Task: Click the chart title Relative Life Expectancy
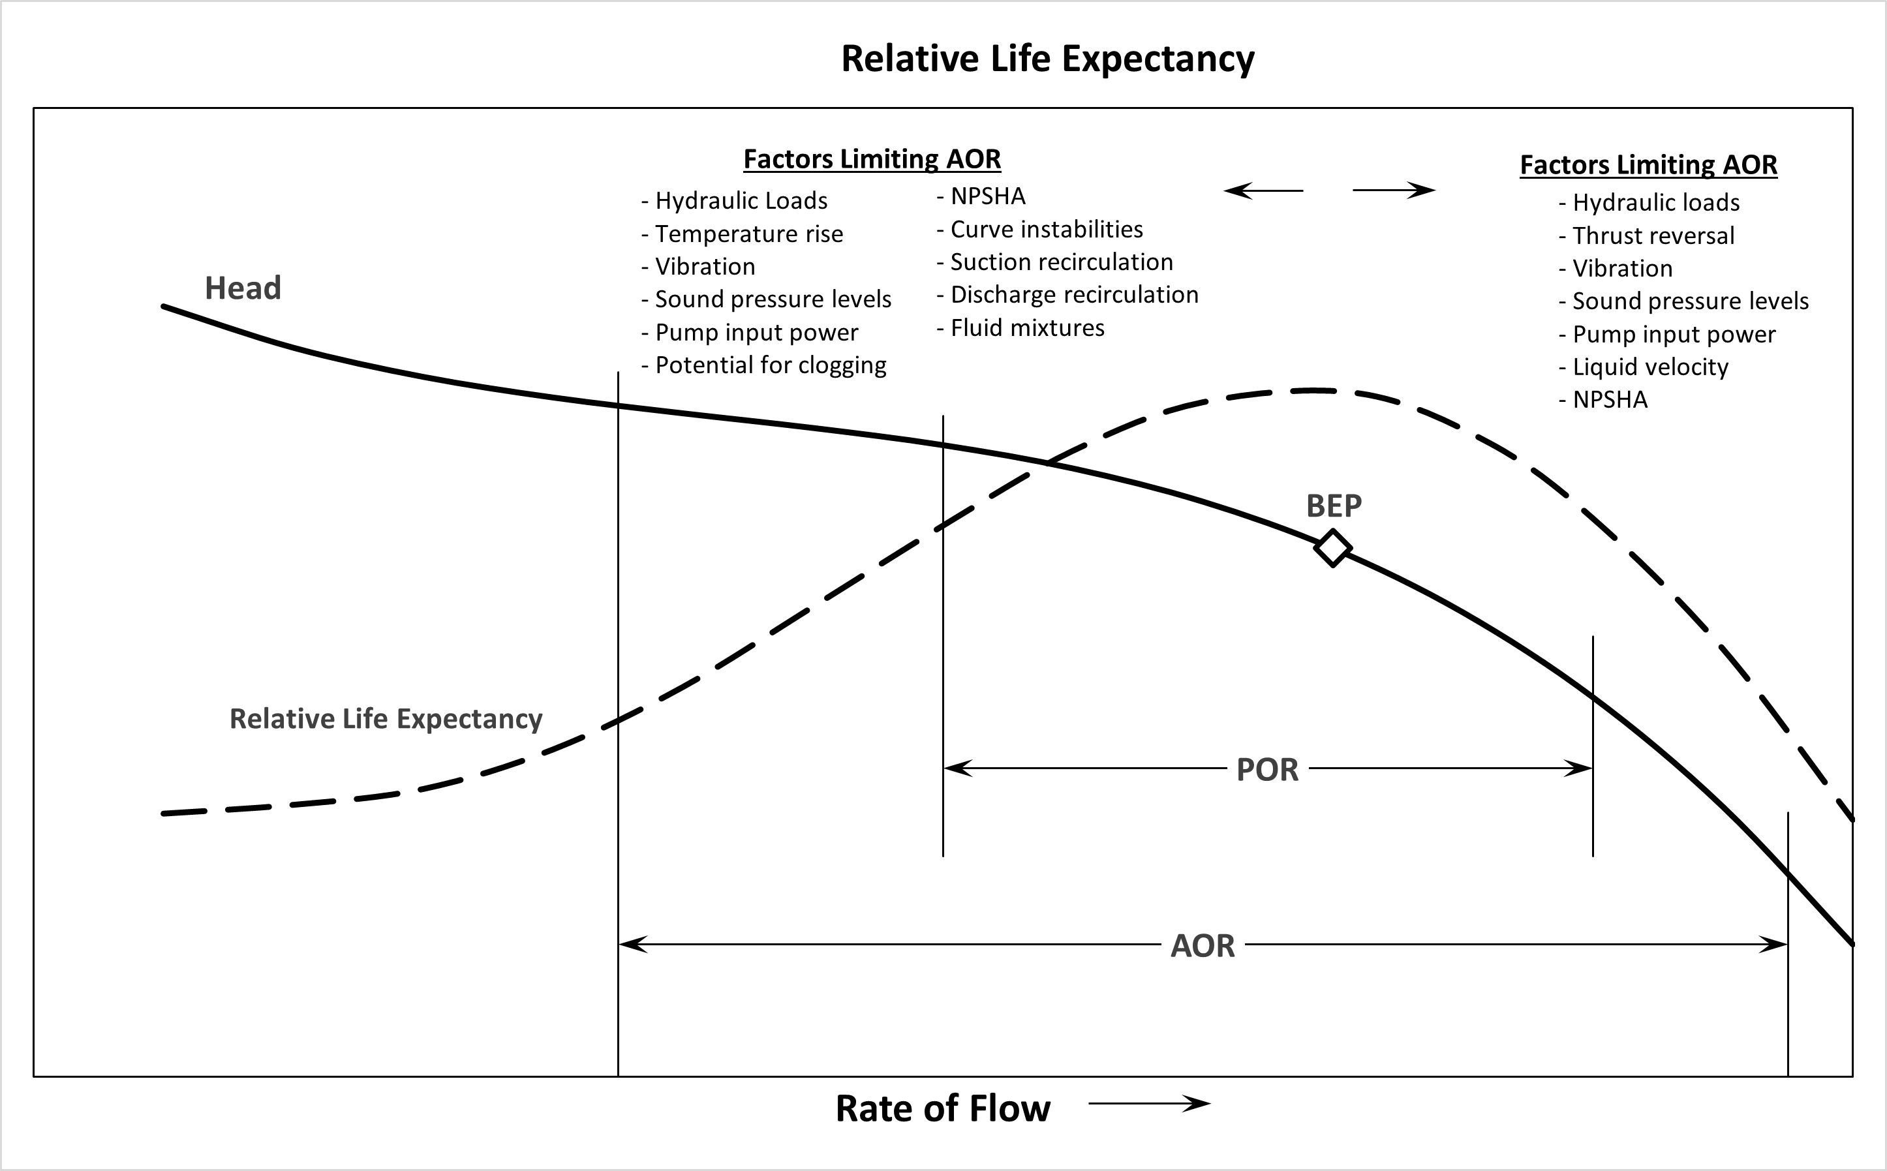coord(1047,59)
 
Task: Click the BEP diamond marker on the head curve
coord(1332,549)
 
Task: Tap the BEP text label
coord(1333,506)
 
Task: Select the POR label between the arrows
coord(1267,770)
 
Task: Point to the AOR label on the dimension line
coord(1203,946)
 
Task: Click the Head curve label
coord(243,288)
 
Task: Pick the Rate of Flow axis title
coord(943,1108)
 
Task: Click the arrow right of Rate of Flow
coord(1149,1104)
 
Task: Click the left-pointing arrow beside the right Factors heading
coord(1263,190)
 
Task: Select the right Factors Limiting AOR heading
coord(1648,165)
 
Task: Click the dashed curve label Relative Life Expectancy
coord(386,719)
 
